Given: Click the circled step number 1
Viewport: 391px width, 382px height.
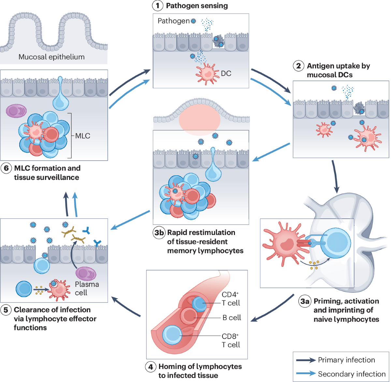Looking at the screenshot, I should (x=158, y=6).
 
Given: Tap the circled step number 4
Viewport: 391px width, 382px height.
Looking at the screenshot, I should (x=151, y=367).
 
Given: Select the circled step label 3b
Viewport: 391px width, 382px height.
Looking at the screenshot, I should (x=159, y=233).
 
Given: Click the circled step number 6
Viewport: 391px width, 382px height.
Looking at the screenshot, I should (x=6, y=169).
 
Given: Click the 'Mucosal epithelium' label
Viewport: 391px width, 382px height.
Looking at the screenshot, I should (x=51, y=57).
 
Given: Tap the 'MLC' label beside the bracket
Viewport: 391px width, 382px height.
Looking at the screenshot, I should (x=83, y=136).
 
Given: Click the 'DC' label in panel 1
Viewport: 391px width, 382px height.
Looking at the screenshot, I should (x=226, y=74).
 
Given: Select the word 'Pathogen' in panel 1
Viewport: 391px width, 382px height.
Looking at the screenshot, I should (x=173, y=21).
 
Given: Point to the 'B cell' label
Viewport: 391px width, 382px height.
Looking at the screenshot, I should (x=232, y=318).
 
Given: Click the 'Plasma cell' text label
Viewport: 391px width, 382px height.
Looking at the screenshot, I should (x=87, y=288).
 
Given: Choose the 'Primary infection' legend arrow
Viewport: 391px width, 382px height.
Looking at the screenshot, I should (x=306, y=360).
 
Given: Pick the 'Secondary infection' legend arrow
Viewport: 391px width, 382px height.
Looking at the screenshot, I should (x=306, y=374).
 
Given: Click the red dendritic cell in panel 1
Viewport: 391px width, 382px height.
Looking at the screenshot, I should (x=206, y=73).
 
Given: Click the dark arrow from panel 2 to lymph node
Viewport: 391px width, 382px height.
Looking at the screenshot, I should (x=335, y=176).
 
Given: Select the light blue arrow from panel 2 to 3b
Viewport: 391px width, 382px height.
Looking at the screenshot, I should (x=271, y=152).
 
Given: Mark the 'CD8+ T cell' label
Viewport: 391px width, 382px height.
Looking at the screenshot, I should (x=231, y=341).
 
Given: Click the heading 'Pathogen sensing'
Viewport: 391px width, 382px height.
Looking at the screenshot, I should (x=197, y=6).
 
